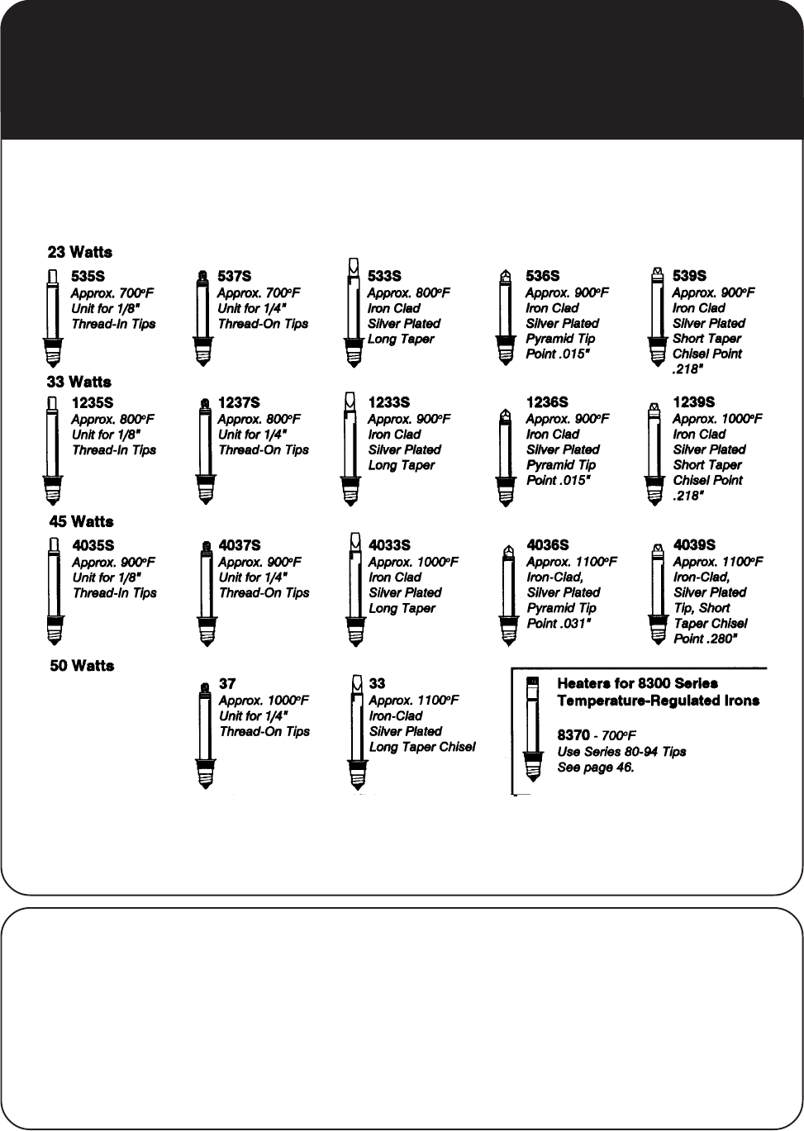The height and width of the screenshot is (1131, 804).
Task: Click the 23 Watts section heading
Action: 80,252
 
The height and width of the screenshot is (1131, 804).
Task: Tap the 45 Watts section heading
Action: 81,521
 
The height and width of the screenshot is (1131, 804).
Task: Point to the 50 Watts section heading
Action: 82,665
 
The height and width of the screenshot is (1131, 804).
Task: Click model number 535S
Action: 88,276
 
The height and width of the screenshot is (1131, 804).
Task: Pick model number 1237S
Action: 239,402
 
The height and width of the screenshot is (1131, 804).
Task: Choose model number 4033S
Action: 389,545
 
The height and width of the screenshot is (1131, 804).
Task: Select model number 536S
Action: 543,276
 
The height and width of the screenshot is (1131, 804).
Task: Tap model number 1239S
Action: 694,402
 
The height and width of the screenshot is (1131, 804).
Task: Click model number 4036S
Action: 548,545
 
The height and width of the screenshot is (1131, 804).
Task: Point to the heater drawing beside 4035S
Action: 54,591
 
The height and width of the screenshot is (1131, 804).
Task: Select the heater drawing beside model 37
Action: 203,735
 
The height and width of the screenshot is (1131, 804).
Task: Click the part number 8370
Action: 573,735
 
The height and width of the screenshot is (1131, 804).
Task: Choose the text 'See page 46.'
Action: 596,767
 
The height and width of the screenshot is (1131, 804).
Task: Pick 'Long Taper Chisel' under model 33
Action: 422,747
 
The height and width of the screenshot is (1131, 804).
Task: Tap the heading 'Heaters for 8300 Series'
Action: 637,684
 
